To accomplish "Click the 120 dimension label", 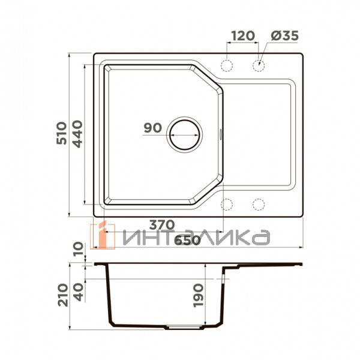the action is pyautogui.click(x=243, y=36).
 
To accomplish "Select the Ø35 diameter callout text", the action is pyautogui.click(x=284, y=36).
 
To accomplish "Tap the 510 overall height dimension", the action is pyautogui.click(x=62, y=133).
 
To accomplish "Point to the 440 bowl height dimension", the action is pyautogui.click(x=77, y=134).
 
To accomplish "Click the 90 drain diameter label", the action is pyautogui.click(x=152, y=128).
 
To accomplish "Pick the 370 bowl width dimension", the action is pyautogui.click(x=162, y=225).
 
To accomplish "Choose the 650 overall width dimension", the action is pyautogui.click(x=187, y=241).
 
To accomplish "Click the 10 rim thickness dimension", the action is pyautogui.click(x=78, y=249).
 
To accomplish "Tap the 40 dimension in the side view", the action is pyautogui.click(x=78, y=292).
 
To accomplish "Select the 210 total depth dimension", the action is pyautogui.click(x=63, y=295).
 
